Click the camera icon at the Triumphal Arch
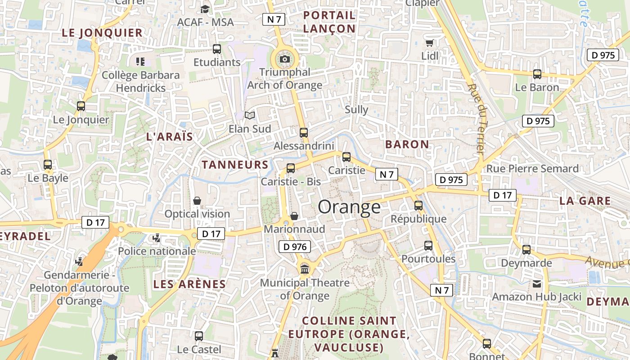click(x=284, y=59)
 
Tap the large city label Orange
click(x=349, y=207)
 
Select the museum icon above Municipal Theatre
click(x=305, y=269)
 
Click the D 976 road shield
click(x=295, y=247)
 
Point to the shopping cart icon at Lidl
click(x=429, y=43)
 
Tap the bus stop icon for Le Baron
click(x=537, y=74)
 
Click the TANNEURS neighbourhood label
click(x=235, y=165)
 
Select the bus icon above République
click(x=418, y=206)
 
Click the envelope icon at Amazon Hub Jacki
click(x=537, y=284)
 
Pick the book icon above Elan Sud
click(x=250, y=116)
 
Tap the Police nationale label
click(x=157, y=251)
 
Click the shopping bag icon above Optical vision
click(x=197, y=201)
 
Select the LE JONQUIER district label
click(x=102, y=33)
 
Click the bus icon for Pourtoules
click(x=428, y=246)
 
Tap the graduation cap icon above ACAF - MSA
click(x=205, y=9)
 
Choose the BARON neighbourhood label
click(x=407, y=144)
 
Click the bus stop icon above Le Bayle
click(x=48, y=165)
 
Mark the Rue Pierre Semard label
click(x=532, y=169)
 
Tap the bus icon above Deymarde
click(x=526, y=249)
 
